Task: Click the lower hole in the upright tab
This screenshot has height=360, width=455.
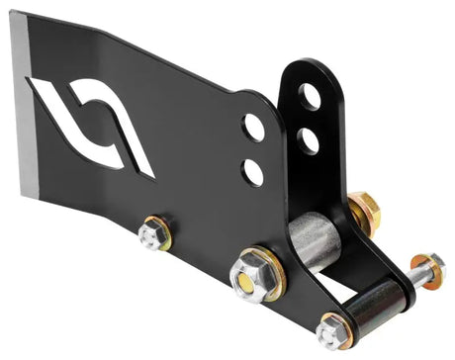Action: coord(310,139)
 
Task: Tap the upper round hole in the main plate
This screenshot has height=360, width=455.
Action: coord(254,127)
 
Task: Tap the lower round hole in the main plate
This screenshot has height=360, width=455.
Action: coord(253,170)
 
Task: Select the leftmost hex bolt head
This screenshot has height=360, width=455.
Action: coord(152,234)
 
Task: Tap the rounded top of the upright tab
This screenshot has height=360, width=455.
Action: coord(307,69)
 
